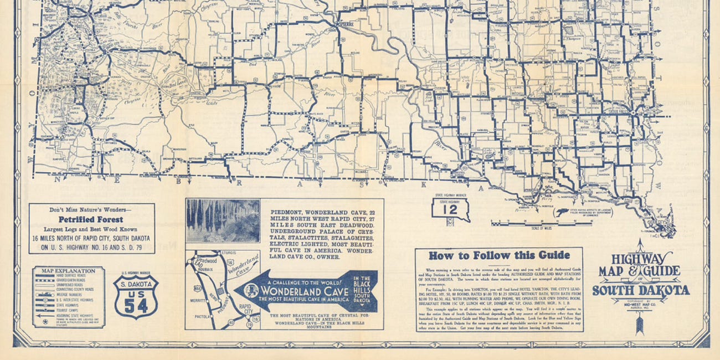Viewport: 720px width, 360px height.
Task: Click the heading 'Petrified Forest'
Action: [91, 219]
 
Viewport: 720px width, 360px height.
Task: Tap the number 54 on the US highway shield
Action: [136, 305]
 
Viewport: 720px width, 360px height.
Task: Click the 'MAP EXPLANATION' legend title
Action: [60, 271]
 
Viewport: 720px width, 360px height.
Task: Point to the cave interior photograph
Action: [223, 220]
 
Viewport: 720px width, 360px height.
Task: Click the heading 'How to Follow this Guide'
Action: [498, 255]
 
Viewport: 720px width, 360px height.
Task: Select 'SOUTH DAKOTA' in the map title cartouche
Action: [641, 290]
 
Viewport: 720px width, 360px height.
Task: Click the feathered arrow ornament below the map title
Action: [640, 321]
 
